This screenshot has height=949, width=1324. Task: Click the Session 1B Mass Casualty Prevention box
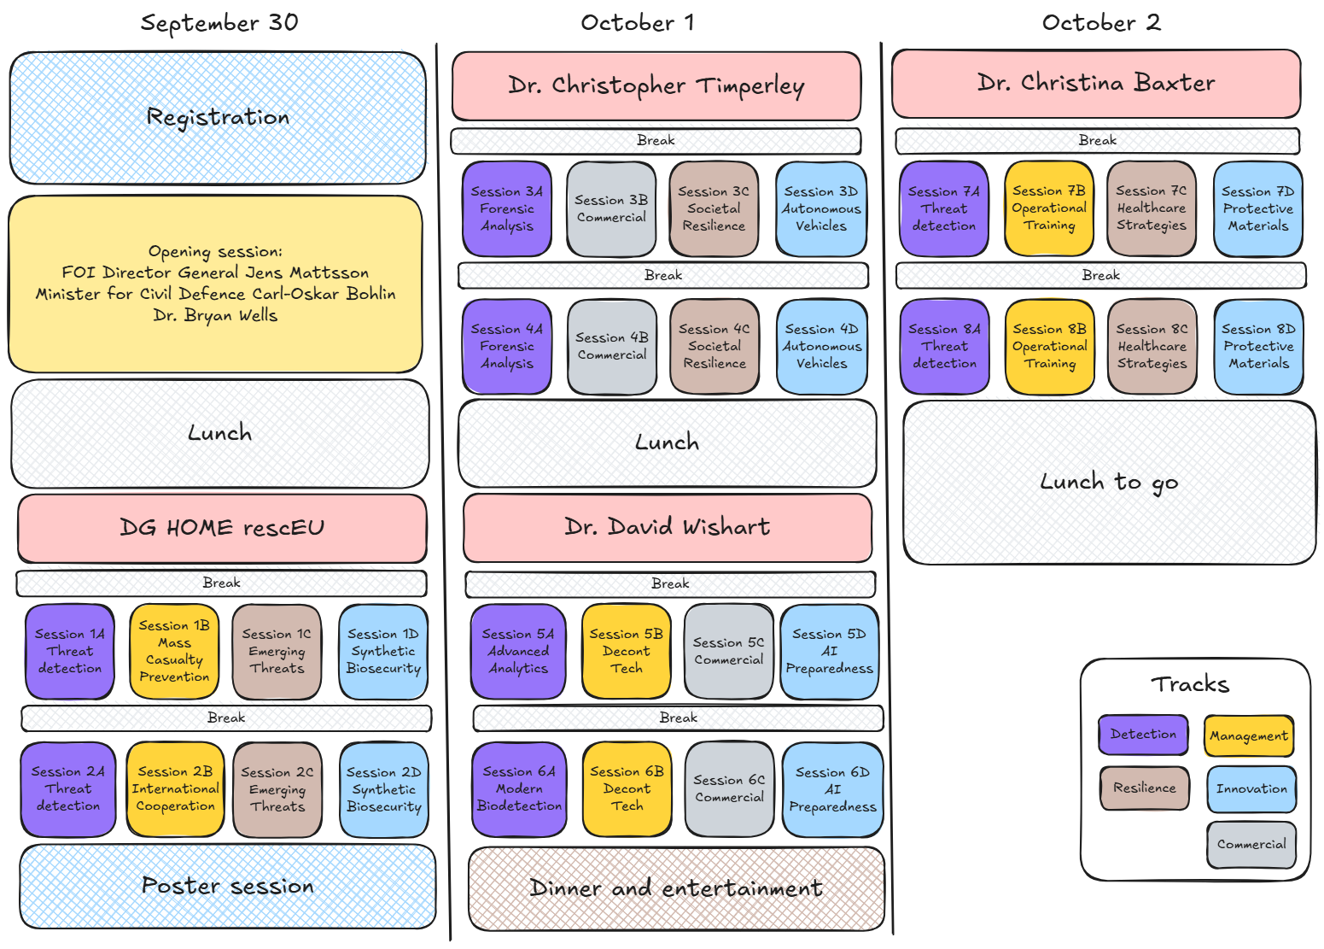(174, 650)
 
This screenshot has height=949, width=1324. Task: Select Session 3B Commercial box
(611, 208)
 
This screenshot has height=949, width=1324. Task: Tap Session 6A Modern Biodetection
(519, 788)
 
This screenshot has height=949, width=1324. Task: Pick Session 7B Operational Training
(1049, 208)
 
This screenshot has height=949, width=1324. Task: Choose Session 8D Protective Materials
(1258, 346)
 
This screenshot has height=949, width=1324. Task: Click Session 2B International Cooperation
(176, 788)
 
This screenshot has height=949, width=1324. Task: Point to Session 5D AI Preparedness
(829, 651)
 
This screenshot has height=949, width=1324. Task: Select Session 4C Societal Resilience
(714, 346)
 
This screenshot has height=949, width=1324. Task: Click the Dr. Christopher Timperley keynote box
(656, 86)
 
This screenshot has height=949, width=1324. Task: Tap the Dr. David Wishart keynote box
(668, 527)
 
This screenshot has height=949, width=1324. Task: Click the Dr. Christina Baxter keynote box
(1096, 84)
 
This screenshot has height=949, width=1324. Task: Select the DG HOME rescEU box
(222, 528)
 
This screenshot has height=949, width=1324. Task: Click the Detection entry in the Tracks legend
(1143, 735)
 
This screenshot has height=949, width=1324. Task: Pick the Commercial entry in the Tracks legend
(1251, 844)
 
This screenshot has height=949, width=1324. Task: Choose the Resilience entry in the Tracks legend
(1145, 788)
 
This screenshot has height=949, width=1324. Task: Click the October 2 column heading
(1101, 23)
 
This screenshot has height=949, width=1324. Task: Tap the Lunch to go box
(1110, 483)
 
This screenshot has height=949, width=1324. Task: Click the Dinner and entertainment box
(676, 888)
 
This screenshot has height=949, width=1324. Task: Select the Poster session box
(228, 887)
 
